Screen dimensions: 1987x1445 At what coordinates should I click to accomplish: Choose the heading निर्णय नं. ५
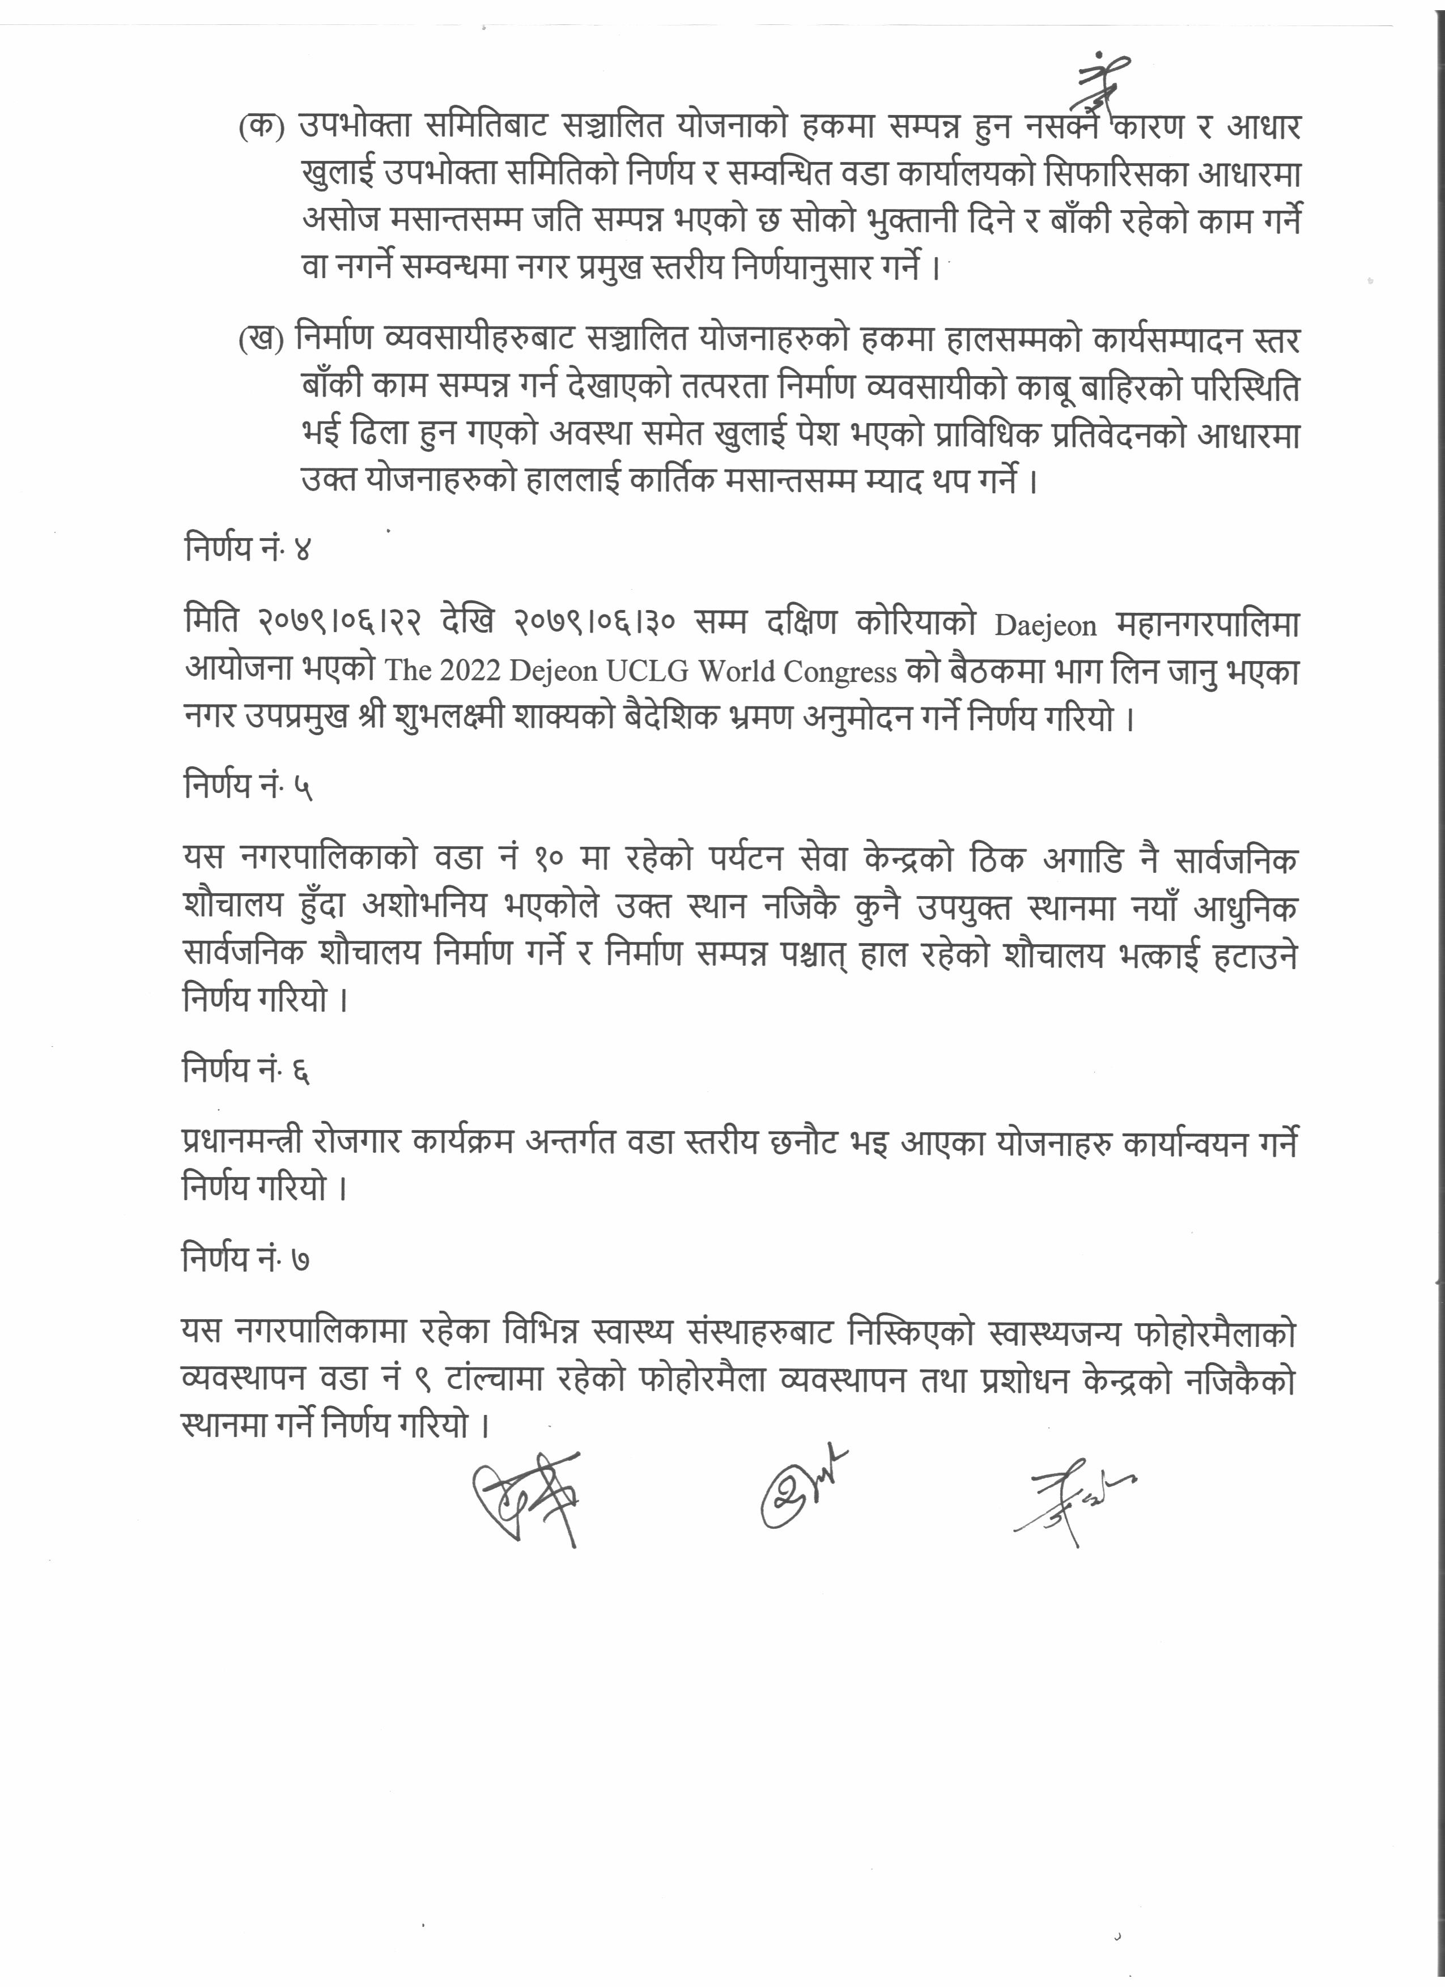pos(248,786)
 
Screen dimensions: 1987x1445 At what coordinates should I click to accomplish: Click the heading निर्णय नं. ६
pos(246,1071)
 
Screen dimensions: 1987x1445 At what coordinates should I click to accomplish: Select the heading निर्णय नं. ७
pos(246,1261)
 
